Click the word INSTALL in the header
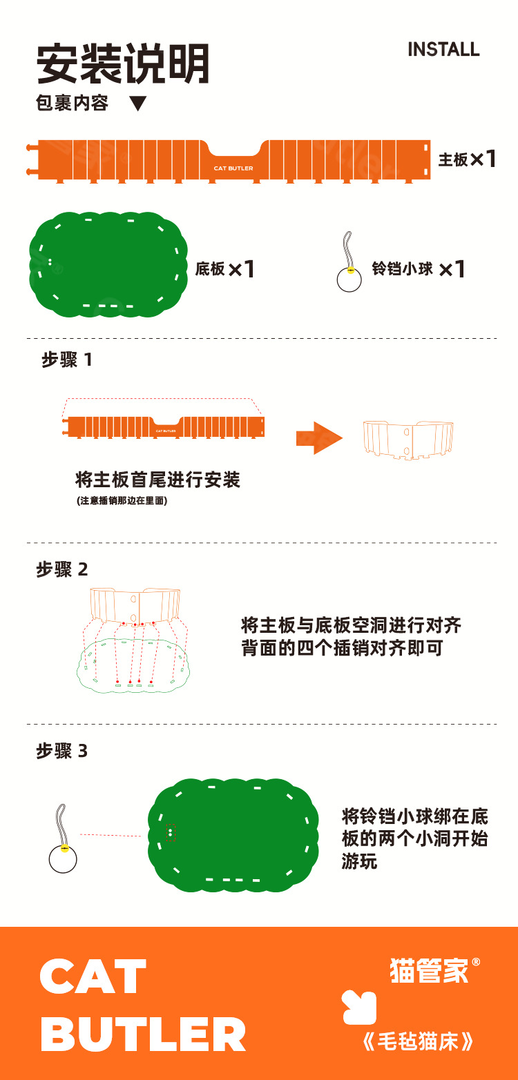tap(443, 50)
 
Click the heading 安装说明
tap(123, 65)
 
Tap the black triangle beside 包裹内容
tap(138, 104)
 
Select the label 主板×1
tap(467, 159)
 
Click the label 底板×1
tap(225, 268)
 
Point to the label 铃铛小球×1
tap(418, 268)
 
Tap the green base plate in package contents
tap(108, 266)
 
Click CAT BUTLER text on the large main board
tap(233, 168)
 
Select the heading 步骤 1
tap(67, 360)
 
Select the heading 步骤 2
tap(62, 569)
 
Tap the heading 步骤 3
tap(62, 751)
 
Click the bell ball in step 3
tap(63, 858)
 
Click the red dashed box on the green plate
tap(171, 832)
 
